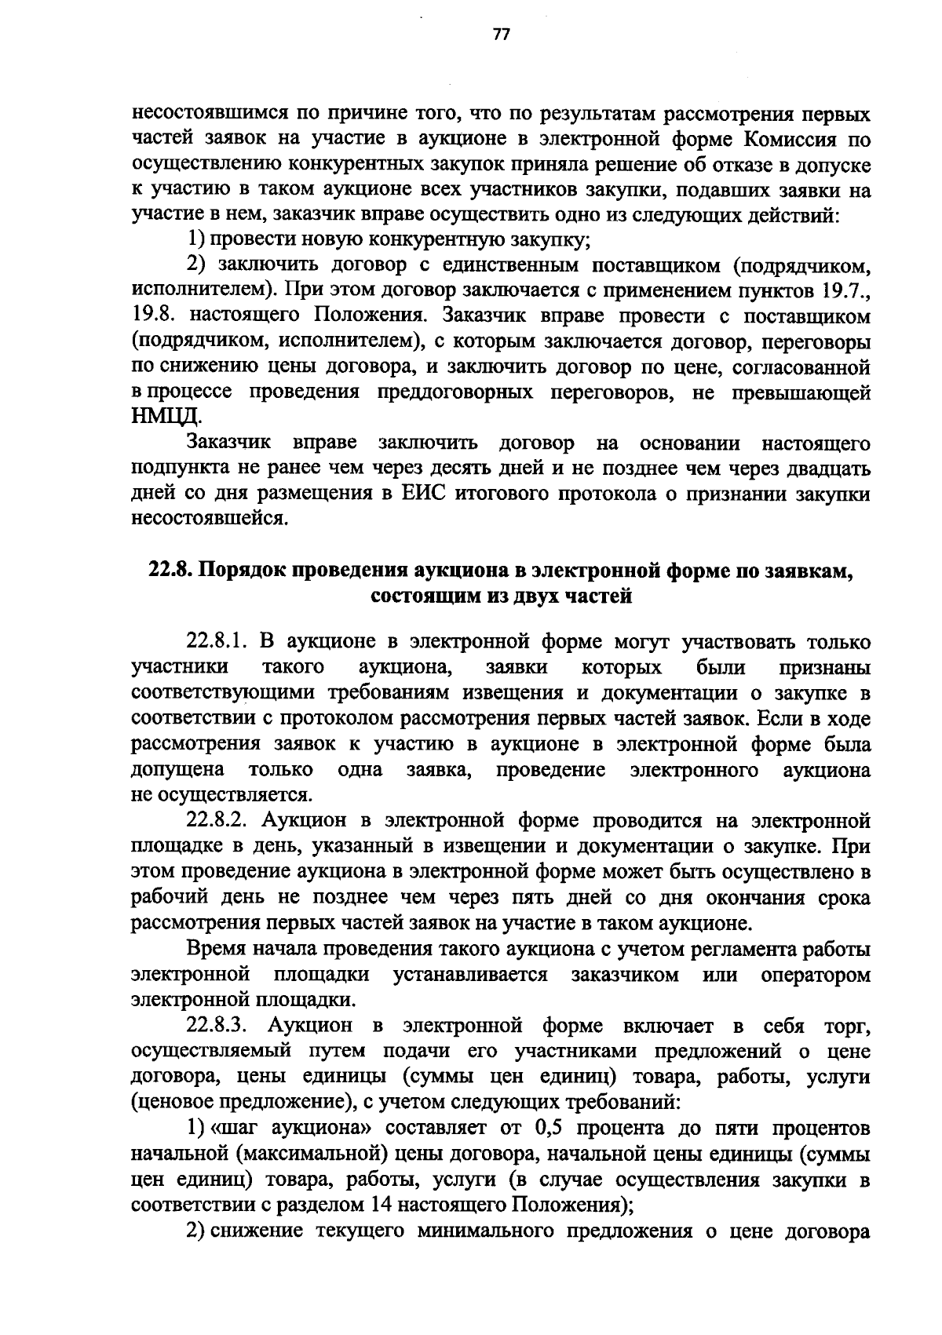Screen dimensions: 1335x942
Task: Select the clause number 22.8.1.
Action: [217, 642]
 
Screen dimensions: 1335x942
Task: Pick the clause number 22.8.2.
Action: [217, 821]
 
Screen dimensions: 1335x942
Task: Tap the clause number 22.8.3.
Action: [217, 1026]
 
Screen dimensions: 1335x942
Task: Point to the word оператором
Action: [815, 976]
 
